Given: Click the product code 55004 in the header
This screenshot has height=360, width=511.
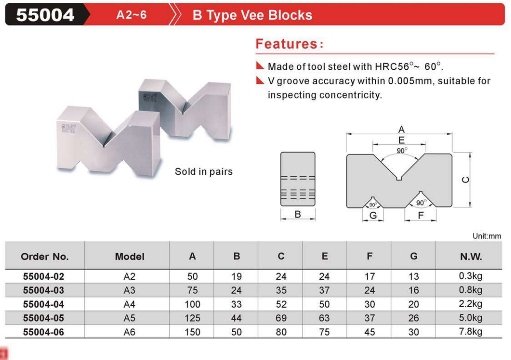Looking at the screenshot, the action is [45, 15].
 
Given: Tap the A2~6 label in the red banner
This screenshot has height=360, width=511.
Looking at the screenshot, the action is [132, 15].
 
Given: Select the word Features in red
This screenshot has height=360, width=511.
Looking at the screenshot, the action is [287, 44].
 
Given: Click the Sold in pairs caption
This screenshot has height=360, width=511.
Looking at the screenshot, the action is [204, 172].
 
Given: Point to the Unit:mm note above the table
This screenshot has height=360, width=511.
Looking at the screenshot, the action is [487, 236].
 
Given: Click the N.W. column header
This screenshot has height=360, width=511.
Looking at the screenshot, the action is [470, 256].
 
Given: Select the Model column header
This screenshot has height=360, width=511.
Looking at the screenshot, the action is [130, 256].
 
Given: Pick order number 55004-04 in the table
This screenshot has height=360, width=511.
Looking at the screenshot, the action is [43, 304].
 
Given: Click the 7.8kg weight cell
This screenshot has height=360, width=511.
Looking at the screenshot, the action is [470, 332].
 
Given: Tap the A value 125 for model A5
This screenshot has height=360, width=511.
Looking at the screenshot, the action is [192, 318].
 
